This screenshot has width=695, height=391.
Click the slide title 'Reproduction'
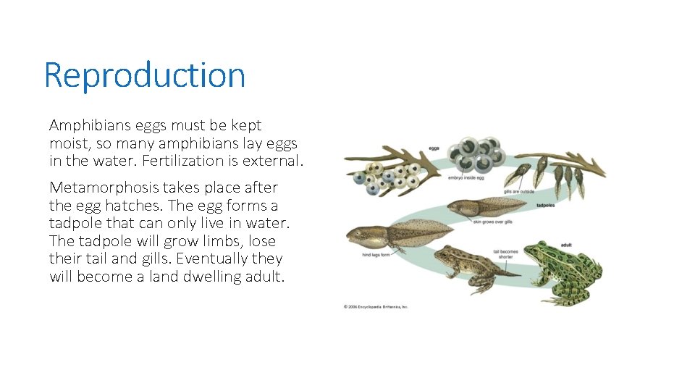point(145,75)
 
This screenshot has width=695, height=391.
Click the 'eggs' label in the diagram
point(434,148)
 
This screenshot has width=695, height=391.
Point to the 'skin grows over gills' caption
point(492,222)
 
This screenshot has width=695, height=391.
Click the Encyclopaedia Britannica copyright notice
point(376,306)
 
